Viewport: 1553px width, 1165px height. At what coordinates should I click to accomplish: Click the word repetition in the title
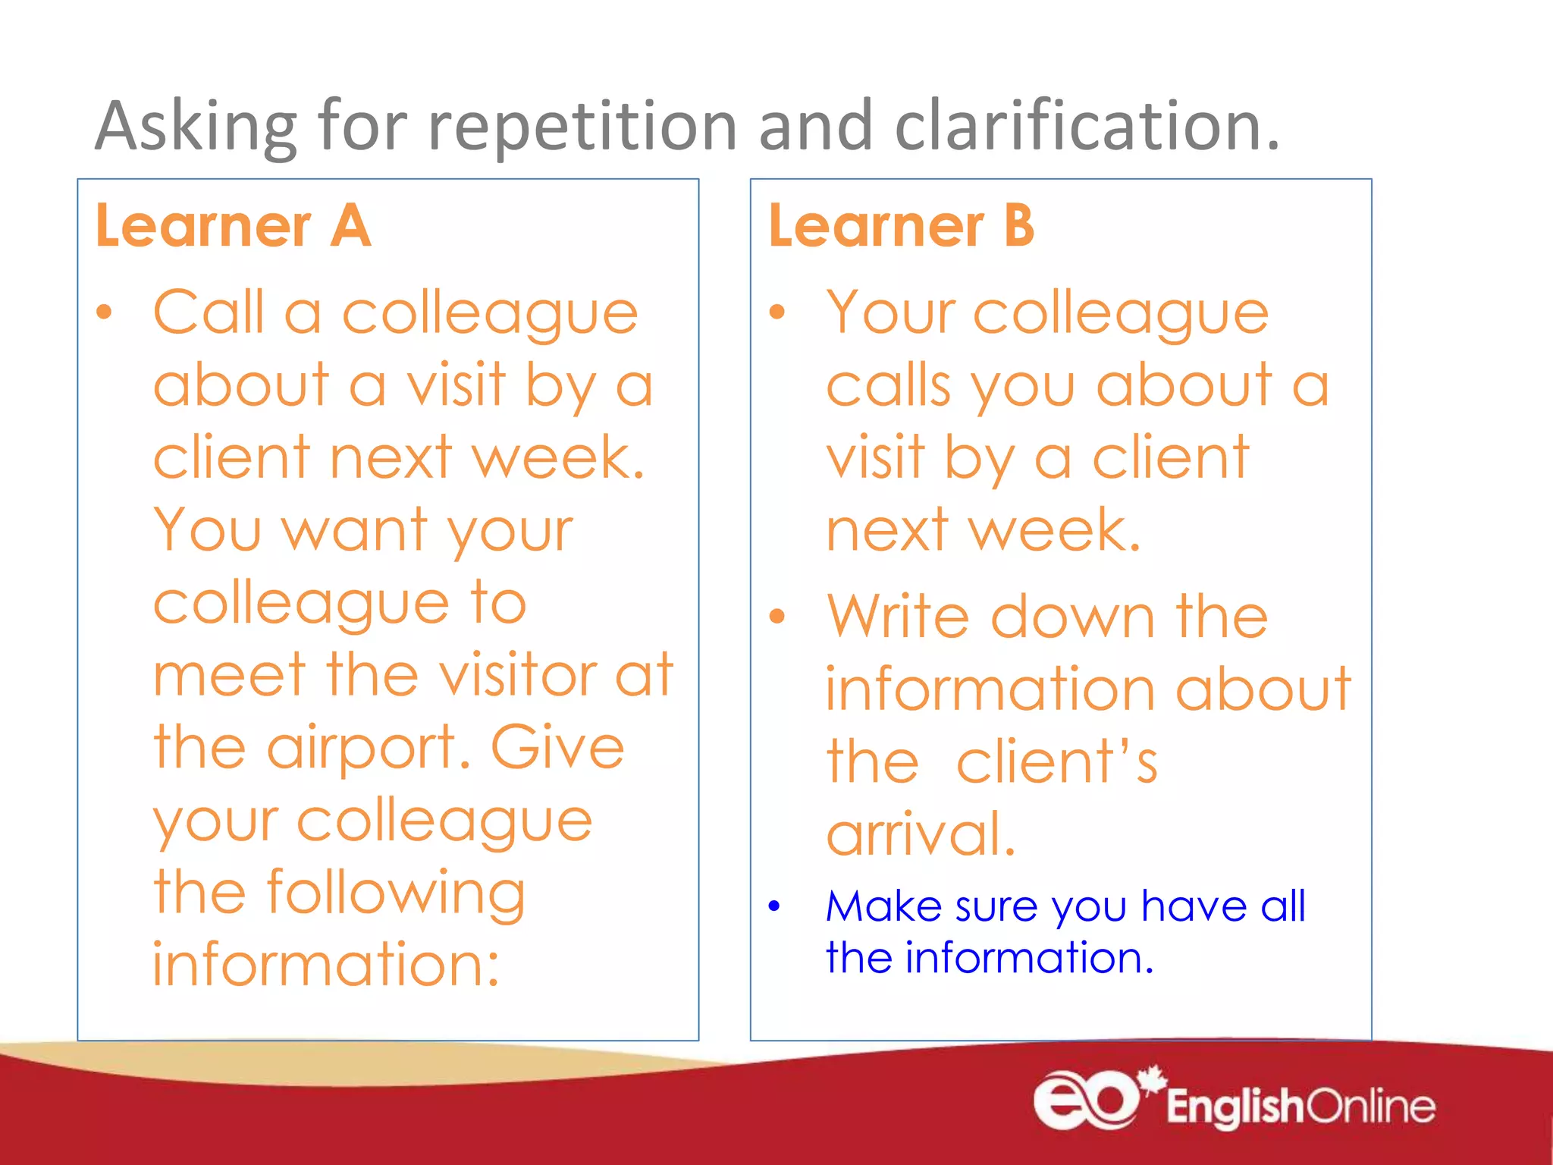point(582,127)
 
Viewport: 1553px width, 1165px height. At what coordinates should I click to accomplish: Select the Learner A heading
point(233,226)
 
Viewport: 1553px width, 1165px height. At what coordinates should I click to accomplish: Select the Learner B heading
point(901,226)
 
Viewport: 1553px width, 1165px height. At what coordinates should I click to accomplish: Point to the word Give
point(557,747)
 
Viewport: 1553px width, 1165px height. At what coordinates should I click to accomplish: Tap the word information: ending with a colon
point(326,965)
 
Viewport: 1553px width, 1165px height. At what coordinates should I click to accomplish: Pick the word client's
point(1056,762)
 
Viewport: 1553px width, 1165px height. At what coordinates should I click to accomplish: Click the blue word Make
point(883,906)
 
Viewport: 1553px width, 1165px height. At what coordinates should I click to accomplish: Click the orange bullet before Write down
point(776,616)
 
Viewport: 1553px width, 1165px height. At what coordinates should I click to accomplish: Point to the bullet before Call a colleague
point(104,312)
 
